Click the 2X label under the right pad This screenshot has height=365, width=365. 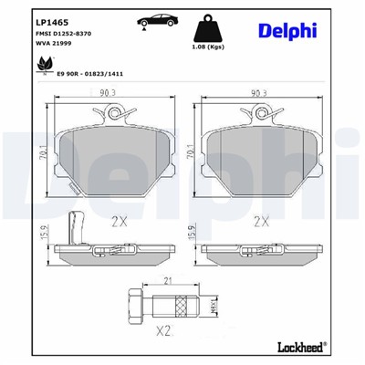coord(260,219)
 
